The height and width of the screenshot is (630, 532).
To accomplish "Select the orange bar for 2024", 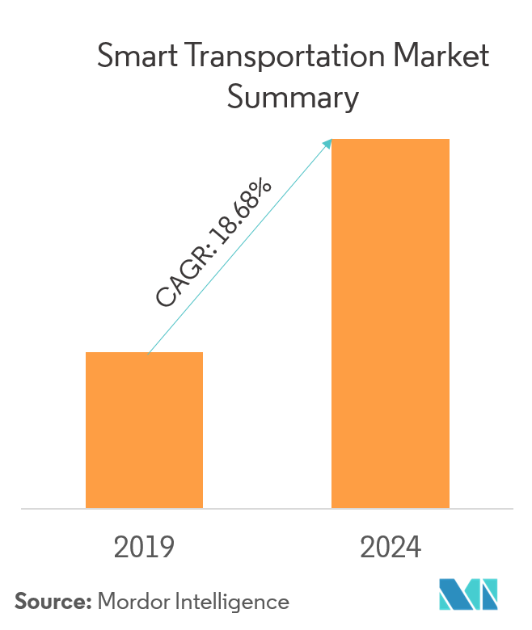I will click(391, 323).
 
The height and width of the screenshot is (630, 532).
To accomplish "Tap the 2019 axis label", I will click(144, 548).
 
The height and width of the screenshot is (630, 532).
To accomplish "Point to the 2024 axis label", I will click(391, 548).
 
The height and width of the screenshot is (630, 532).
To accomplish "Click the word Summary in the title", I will click(292, 98).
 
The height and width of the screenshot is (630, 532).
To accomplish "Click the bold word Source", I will click(53, 602).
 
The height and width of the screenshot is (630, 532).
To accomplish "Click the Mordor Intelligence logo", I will click(469, 594).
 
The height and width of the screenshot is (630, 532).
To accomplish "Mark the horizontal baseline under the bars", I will click(266, 509).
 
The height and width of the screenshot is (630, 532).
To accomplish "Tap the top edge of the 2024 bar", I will click(391, 140).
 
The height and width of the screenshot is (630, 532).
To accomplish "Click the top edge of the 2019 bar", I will click(144, 353).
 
